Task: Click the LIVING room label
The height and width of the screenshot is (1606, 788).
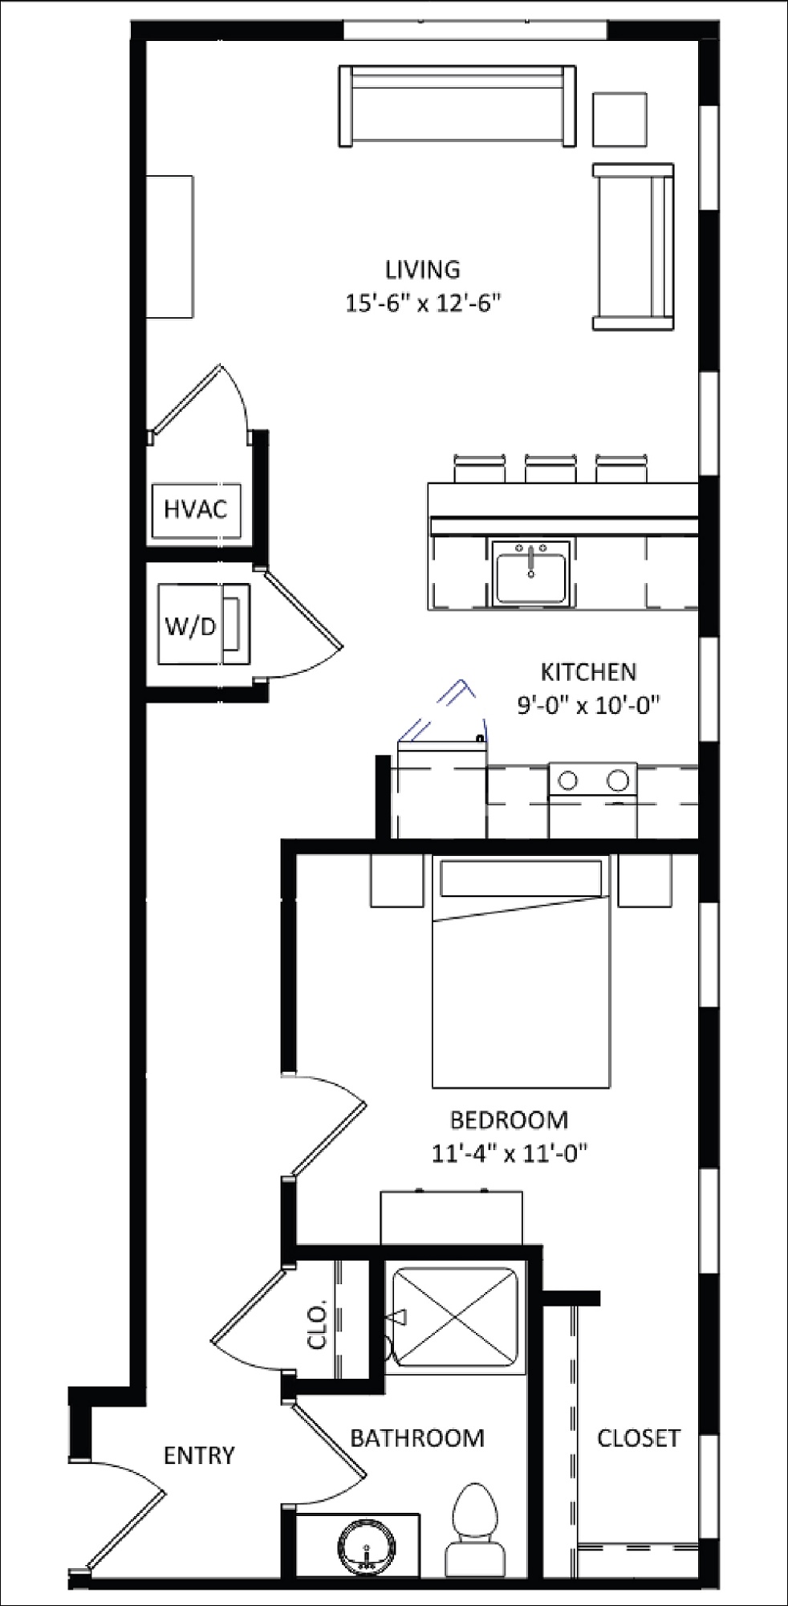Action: click(422, 270)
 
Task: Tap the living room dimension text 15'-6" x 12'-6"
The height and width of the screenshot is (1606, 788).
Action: click(423, 304)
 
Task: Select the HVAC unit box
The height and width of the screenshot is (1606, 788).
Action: click(196, 509)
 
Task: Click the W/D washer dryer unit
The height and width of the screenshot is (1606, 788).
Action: click(202, 625)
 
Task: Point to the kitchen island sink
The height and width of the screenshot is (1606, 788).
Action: click(530, 572)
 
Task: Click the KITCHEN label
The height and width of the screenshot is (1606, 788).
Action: click(588, 671)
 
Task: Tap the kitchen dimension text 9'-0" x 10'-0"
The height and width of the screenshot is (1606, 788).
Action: click(588, 705)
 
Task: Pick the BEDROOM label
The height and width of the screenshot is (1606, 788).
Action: click(509, 1119)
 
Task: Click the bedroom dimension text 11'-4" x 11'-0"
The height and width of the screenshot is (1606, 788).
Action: click(510, 1153)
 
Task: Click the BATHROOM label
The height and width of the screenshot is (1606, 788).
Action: click(417, 1438)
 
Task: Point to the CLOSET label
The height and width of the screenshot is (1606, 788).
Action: click(638, 1438)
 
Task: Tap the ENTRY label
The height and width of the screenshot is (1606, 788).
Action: click(199, 1455)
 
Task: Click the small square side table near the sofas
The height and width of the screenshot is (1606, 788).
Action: click(619, 119)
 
